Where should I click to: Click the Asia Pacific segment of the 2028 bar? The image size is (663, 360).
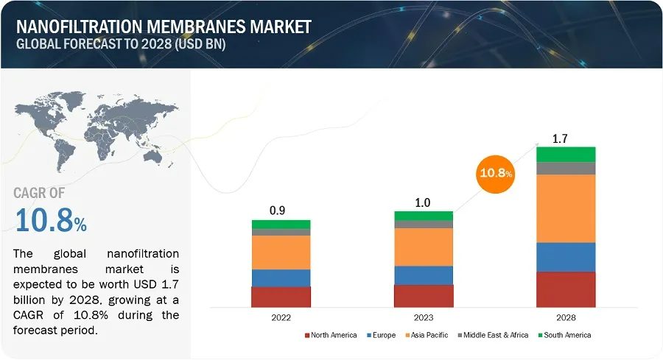tap(566, 208)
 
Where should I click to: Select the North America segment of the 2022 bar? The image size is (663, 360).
tap(281, 297)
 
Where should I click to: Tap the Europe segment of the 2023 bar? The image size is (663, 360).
tap(424, 275)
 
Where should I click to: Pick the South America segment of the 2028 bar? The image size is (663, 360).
tap(566, 154)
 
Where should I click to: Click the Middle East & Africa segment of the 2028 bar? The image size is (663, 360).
tap(566, 168)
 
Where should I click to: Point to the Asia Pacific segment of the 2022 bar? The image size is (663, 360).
tap(281, 253)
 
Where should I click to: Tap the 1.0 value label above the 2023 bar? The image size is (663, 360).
tap(424, 200)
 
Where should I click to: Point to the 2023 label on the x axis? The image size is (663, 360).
tap(424, 317)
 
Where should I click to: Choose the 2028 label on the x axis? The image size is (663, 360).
tap(566, 317)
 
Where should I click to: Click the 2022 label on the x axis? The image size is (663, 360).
tap(281, 317)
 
